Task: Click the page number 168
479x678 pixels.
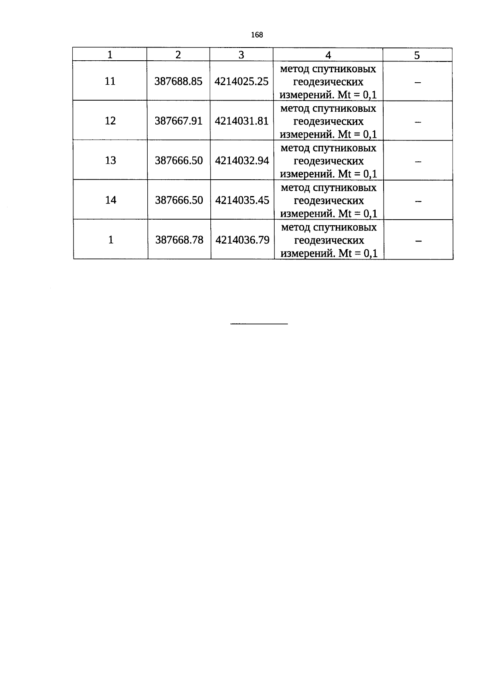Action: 257,35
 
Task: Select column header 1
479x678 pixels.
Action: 110,55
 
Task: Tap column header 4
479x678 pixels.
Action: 328,55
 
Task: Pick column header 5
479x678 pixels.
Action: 417,56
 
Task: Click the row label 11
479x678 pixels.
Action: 110,81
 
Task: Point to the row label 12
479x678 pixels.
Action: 110,121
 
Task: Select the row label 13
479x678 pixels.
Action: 111,160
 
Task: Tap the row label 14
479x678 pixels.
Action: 111,200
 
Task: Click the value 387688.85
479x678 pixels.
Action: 178,81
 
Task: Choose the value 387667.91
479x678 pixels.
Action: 178,121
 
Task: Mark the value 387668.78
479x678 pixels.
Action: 179,240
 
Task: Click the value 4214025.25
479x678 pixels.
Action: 241,81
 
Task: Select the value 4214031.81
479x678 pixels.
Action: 242,121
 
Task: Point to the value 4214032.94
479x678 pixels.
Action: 242,161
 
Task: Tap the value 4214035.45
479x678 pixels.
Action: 242,200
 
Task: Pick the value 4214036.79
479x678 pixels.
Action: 242,240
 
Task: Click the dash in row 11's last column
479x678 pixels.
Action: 418,82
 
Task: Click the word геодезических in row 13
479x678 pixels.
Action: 329,161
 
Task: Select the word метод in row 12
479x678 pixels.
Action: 295,109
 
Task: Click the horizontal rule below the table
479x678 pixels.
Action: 259,324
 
